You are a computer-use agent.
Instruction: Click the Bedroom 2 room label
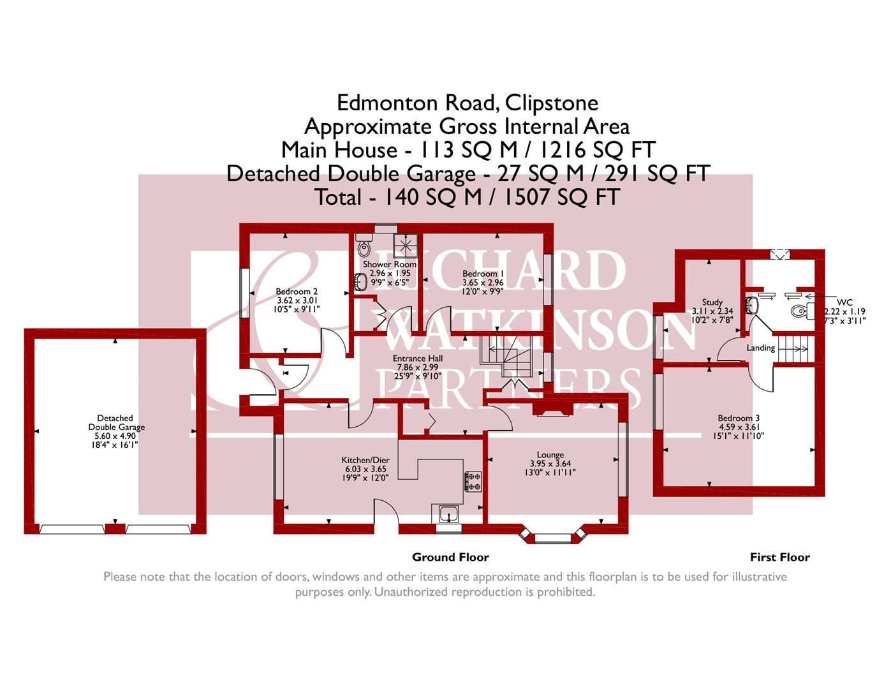pyautogui.click(x=297, y=292)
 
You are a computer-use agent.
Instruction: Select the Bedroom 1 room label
pyautogui.click(x=482, y=274)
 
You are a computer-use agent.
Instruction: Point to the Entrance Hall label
pyautogui.click(x=418, y=359)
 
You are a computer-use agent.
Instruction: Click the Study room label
pyautogui.click(x=712, y=302)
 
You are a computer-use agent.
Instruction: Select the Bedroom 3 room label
pyautogui.click(x=739, y=419)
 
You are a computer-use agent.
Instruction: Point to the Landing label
pyautogui.click(x=760, y=348)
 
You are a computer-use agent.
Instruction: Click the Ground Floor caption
pyautogui.click(x=450, y=557)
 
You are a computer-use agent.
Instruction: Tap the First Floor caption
pyautogui.click(x=779, y=557)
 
